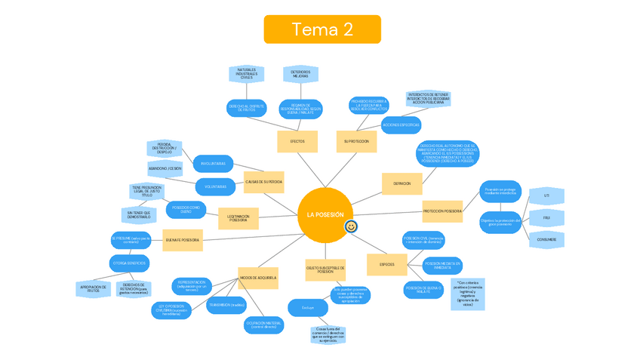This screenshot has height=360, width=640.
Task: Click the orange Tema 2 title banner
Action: coord(322,29)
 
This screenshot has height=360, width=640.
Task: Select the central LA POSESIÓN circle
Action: coord(325,215)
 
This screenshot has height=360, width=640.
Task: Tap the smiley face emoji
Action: coord(351,226)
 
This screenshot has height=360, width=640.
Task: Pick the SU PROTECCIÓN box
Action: coord(355,141)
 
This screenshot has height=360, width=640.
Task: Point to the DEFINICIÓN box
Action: coord(402,183)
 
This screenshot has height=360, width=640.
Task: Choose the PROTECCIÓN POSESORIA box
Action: coord(442,211)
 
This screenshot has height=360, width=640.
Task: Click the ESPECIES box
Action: coord(386,264)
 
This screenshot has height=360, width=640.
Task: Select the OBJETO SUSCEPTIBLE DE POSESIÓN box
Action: coord(325,269)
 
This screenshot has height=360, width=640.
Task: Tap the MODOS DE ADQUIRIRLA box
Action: coord(258,278)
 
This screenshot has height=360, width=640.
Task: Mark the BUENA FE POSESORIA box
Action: coord(182,240)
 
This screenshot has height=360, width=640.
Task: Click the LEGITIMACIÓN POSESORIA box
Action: coord(238,217)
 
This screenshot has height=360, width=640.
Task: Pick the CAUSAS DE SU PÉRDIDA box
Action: coord(263,181)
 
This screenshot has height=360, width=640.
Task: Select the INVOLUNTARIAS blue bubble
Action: coord(213,163)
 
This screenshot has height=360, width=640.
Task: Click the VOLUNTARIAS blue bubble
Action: coord(215,186)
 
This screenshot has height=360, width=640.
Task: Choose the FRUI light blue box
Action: coord(546,218)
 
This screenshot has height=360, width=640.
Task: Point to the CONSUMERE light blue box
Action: coord(546,239)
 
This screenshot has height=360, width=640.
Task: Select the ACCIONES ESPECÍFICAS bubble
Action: coord(401,124)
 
